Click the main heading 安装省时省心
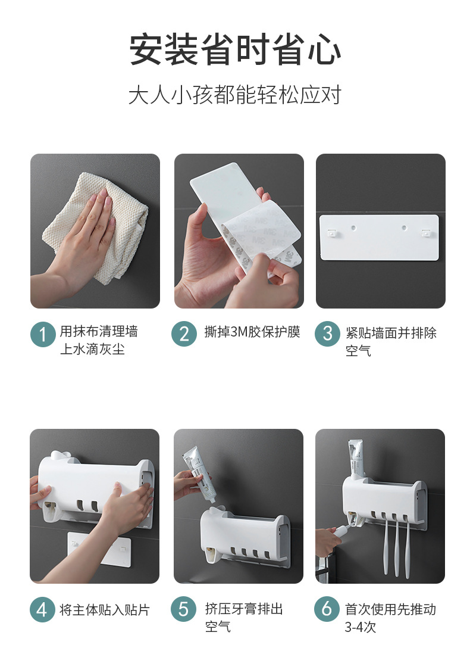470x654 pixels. click(235, 50)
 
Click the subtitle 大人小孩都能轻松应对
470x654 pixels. click(235, 95)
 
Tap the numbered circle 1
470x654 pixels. click(43, 334)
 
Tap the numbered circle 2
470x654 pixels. click(184, 334)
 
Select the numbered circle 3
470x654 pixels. click(327, 334)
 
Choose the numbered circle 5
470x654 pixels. click(184, 609)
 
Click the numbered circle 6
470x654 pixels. click(327, 609)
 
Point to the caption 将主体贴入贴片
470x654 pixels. click(104, 609)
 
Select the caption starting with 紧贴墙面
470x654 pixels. click(391, 341)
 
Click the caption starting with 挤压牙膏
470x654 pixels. click(244, 617)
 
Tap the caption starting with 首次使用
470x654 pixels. click(390, 618)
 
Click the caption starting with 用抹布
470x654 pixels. click(99, 340)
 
